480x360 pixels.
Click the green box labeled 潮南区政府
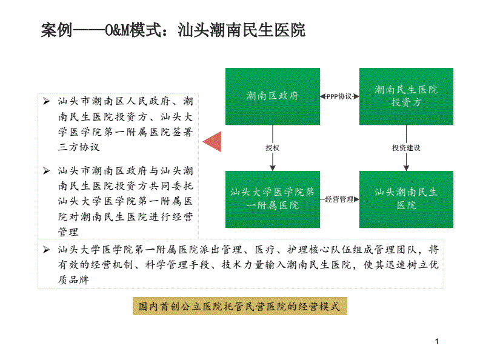click(273, 96)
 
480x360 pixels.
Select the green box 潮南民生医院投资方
click(406, 96)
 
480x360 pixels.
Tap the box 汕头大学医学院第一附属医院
click(273, 199)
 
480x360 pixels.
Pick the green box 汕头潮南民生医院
click(406, 199)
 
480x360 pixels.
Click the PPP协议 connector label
click(339, 96)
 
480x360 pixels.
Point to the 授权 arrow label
click(273, 148)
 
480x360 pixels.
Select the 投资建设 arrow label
click(406, 148)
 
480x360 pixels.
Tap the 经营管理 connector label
click(339, 199)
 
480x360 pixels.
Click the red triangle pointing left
click(212, 141)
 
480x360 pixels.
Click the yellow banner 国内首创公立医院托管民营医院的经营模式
click(239, 306)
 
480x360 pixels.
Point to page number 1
click(437, 342)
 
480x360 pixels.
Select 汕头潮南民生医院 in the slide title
click(242, 30)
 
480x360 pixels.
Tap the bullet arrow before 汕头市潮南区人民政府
click(46, 101)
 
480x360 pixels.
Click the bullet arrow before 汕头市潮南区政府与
click(46, 170)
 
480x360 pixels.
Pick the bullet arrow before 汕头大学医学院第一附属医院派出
click(46, 250)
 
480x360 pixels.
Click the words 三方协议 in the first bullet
click(79, 147)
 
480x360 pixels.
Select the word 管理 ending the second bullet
click(68, 232)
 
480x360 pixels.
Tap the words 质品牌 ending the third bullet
click(73, 279)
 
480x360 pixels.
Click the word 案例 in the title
click(57, 30)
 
